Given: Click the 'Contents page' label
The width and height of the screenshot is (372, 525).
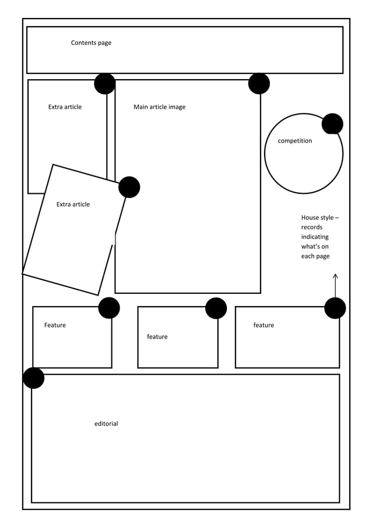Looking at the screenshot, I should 91,43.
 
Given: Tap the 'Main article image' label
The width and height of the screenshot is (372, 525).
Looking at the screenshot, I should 159,107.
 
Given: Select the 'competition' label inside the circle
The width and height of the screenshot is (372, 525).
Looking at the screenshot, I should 294,141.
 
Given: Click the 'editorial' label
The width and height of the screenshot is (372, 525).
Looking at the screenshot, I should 106,424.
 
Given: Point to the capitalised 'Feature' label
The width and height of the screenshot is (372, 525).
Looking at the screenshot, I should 55,325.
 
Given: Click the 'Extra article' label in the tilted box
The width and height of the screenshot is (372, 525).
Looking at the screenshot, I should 73,204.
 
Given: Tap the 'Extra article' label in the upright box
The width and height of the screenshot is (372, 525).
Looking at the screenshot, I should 65,107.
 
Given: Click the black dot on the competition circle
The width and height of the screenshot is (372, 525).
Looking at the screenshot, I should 332,124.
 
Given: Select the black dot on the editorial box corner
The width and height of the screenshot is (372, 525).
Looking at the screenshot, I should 34,378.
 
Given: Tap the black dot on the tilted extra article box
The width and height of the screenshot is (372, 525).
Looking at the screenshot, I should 129,187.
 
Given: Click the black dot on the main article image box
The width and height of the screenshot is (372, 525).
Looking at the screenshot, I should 259,84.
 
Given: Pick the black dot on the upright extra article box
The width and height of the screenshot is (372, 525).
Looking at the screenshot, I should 105,84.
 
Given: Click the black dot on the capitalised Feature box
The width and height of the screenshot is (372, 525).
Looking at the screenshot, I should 109,308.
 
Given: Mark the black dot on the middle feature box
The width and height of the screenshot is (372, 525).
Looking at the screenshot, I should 216,308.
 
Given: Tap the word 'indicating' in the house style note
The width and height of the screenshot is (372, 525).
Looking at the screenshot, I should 315,237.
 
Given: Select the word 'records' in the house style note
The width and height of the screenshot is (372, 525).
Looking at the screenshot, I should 312,228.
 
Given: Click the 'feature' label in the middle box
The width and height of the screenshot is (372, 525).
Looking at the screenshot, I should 157,337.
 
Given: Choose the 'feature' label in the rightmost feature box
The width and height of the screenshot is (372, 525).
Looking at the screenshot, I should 264,325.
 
